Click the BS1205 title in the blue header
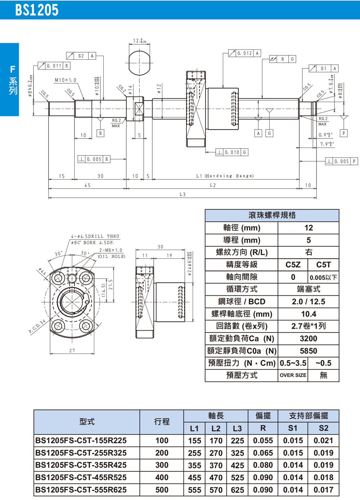[37, 10]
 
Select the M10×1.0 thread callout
[65, 80]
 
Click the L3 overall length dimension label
[183, 195]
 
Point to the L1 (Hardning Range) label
[225, 176]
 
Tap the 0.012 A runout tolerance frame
[244, 53]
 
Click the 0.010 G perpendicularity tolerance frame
[232, 152]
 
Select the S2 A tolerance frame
[81, 56]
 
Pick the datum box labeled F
[344, 133]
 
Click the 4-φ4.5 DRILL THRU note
[95, 236]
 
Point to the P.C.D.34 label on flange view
[37, 327]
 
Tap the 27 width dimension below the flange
[72, 350]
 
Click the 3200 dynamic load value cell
[309, 338]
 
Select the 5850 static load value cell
[309, 351]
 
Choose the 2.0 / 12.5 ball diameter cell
[309, 301]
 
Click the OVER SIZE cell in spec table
[293, 375]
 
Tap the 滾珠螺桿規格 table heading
[272, 215]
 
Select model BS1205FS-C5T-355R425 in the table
[81, 465]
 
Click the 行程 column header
[162, 422]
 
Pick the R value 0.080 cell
[263, 465]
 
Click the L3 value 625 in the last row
[237, 490]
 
